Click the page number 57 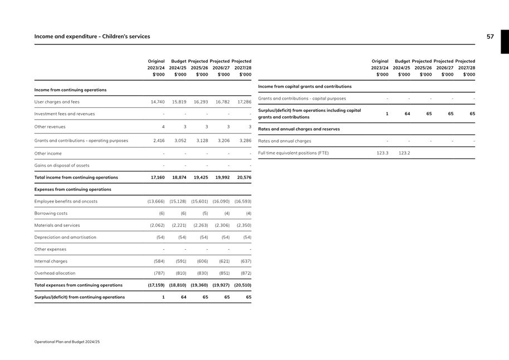pos(490,37)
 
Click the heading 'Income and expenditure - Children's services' pos(92,37)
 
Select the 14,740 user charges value pos(158,102)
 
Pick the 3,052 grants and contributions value pos(179,141)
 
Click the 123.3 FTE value pos(382,152)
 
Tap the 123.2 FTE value pos(404,152)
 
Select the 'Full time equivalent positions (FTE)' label pos(293,152)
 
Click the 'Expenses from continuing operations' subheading pos(73,189)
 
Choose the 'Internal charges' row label pos(52,261)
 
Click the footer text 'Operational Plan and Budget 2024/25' pos(67,342)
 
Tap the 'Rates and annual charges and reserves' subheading pos(299,129)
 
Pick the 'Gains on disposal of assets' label pos(62,165)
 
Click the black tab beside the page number pos(505,42)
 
